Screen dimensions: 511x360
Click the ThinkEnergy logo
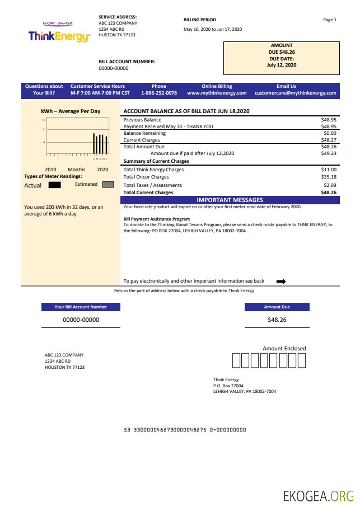point(59,36)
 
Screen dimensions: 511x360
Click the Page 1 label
point(330,20)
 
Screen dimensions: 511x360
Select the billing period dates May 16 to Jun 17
point(212,29)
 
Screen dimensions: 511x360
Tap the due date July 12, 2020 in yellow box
point(282,65)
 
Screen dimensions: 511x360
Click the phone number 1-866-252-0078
point(159,93)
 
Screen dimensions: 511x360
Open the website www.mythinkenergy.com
point(217,93)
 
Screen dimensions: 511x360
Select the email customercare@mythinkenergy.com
point(296,93)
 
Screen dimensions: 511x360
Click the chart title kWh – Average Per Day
point(71,111)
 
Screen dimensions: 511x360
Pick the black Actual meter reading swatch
point(54,185)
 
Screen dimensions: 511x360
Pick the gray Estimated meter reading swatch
point(108,184)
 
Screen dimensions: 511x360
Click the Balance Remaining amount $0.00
point(330,133)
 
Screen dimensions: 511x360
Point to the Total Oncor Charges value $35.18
point(329,177)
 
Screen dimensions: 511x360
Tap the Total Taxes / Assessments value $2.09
point(330,185)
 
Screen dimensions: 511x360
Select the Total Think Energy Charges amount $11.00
point(329,169)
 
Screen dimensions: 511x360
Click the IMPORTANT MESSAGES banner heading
point(230,200)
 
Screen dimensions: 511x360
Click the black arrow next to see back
point(281,282)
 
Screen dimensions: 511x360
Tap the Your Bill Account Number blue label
point(81,307)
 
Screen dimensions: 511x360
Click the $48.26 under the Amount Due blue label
point(277,320)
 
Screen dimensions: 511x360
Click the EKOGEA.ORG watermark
point(319,496)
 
